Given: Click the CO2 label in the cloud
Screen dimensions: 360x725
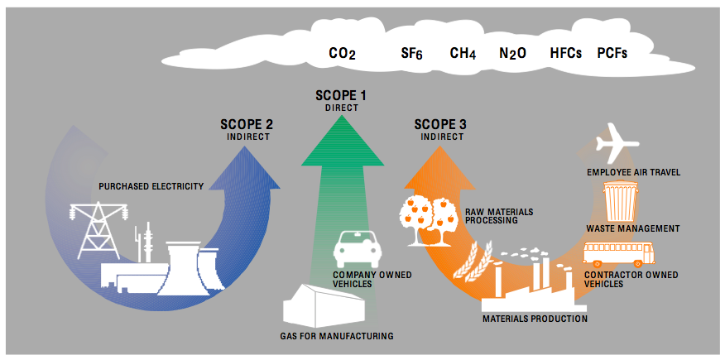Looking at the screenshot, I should [342, 53].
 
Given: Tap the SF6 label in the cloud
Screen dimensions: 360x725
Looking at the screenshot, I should [411, 53].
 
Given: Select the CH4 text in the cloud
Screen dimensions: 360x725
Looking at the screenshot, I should [463, 53].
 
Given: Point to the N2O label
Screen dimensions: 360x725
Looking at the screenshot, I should [512, 53].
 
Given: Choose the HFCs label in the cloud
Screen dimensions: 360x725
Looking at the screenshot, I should [566, 53].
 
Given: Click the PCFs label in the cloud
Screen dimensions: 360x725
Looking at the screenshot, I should [612, 53].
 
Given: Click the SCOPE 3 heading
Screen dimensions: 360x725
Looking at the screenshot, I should [439, 125].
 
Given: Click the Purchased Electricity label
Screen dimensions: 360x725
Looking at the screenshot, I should [151, 186].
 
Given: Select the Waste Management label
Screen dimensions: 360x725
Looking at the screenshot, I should [632, 228].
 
